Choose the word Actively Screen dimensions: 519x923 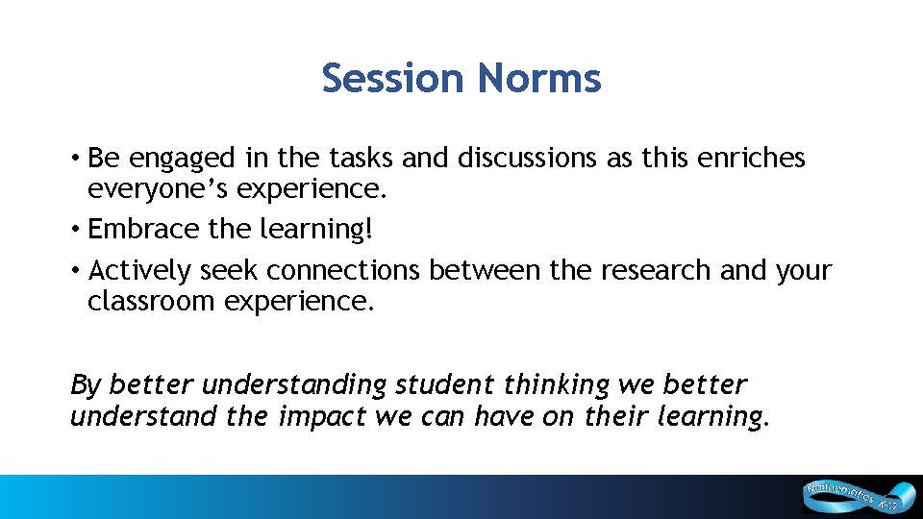[x=140, y=272]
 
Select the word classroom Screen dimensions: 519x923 [x=152, y=302]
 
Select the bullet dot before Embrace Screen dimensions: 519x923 [x=74, y=230]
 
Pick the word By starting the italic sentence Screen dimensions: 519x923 [x=86, y=385]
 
